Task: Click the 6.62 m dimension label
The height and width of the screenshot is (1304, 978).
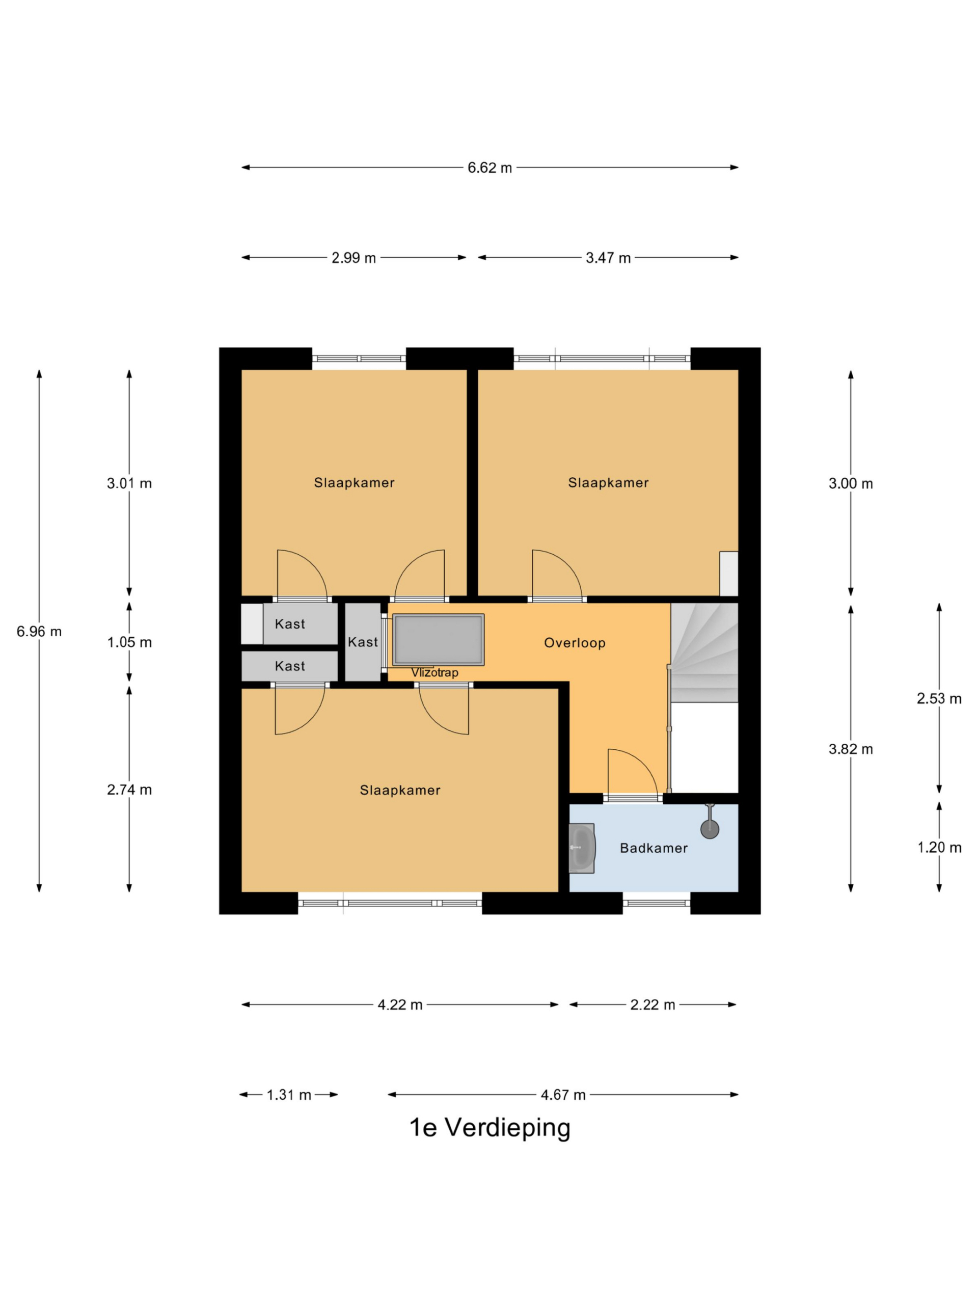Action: [x=490, y=168]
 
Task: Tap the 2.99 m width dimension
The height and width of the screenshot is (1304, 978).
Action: [x=353, y=258]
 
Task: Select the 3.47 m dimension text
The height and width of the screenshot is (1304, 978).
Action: [x=608, y=258]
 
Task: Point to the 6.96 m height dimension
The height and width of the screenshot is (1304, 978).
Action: [x=39, y=631]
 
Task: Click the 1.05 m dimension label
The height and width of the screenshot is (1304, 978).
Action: [x=129, y=642]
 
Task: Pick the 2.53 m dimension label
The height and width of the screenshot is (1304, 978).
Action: [x=938, y=698]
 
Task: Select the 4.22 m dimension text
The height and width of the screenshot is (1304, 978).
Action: [x=400, y=1004]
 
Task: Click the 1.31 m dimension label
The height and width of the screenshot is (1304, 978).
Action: [x=288, y=1095]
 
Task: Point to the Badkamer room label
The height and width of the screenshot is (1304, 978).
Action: [x=653, y=848]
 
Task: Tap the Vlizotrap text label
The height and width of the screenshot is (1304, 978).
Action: [x=434, y=673]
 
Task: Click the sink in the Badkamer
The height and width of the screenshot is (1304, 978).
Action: [x=582, y=848]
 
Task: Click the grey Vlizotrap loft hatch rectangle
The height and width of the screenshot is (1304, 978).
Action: [x=438, y=640]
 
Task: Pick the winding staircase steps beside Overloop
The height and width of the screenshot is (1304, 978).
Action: [x=704, y=653]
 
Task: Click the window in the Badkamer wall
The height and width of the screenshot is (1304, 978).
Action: [x=656, y=903]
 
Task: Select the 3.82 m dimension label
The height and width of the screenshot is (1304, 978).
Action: [x=850, y=749]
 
